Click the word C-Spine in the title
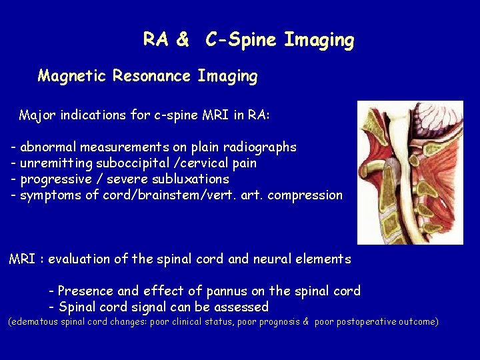click(241, 40)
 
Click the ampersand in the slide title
click(183, 40)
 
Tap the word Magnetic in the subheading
click(72, 76)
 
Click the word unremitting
click(57, 163)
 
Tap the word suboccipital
click(134, 163)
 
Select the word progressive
click(55, 179)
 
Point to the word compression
click(310, 195)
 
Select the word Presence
click(84, 291)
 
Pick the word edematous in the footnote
click(35, 322)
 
